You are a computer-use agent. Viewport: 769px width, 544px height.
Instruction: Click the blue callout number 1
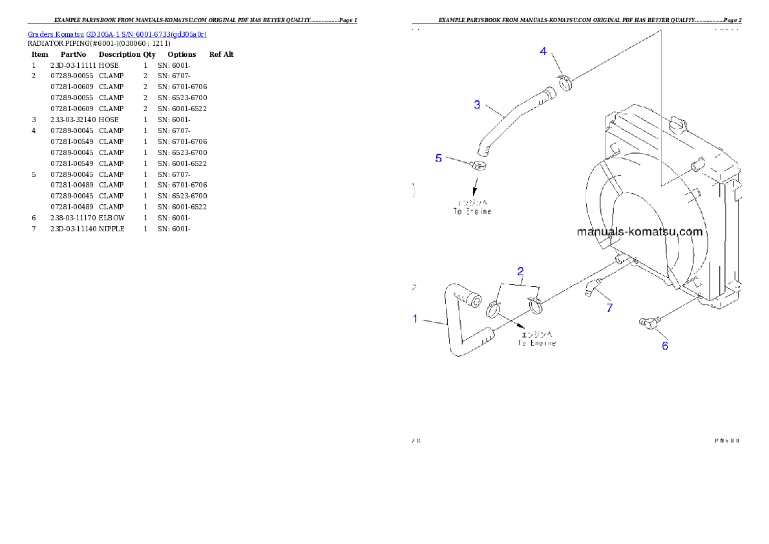[x=416, y=318]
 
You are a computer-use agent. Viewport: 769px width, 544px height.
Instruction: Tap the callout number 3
[x=477, y=104]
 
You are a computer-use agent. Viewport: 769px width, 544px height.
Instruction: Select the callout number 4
[x=543, y=51]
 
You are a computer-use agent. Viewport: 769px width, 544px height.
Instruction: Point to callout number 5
[x=439, y=158]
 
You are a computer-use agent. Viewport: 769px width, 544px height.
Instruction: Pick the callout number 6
[x=665, y=345]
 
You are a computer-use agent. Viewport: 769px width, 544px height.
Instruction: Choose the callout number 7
[x=609, y=308]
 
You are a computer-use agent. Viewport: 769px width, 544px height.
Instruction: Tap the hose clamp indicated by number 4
[x=565, y=82]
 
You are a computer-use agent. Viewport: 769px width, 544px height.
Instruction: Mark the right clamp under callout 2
[x=535, y=302]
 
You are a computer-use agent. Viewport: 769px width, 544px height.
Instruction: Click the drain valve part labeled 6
[x=647, y=322]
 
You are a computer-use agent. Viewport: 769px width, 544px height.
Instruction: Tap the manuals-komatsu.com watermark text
[x=639, y=231]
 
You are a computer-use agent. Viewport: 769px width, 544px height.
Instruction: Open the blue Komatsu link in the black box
[x=117, y=34]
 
